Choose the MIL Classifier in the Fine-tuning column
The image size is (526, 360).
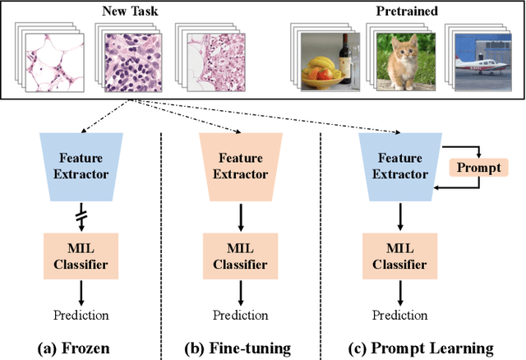point(239,256)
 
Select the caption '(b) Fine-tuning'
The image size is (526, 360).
point(239,347)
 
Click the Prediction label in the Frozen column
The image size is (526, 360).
point(81,314)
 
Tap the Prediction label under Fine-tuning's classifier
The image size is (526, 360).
point(240,314)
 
